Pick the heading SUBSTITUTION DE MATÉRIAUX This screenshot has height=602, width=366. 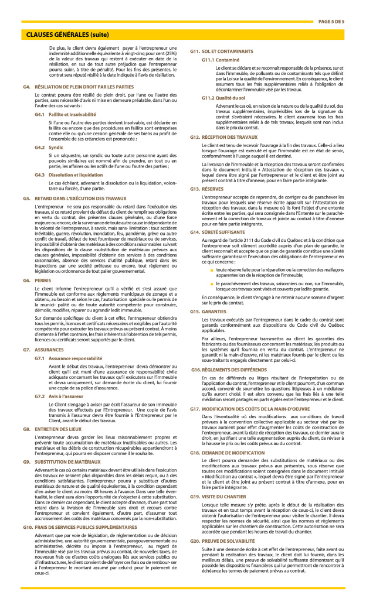click(x=72, y=461)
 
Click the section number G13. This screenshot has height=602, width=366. click(x=195, y=189)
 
